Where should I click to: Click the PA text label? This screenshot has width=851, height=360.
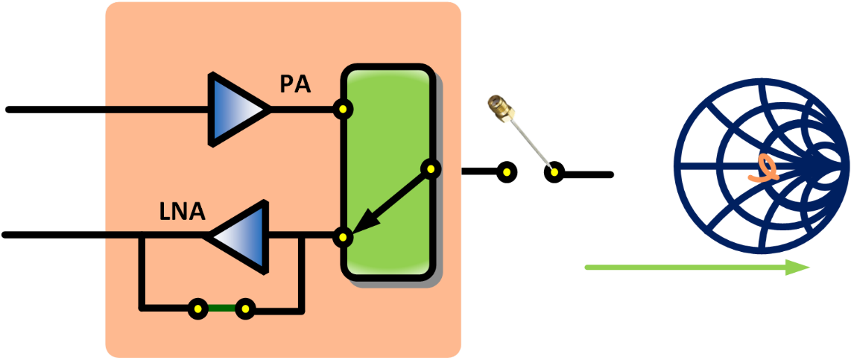click(295, 84)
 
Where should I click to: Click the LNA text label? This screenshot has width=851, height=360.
click(182, 212)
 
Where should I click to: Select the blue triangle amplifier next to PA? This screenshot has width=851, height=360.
click(237, 109)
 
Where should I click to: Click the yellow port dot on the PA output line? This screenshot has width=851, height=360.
click(343, 110)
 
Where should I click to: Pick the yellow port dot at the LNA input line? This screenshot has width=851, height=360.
click(343, 238)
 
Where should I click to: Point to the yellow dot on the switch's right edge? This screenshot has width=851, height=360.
click(430, 169)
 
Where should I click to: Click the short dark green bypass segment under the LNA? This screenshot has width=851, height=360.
click(221, 308)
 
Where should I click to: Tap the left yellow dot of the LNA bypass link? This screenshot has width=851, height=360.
click(197, 308)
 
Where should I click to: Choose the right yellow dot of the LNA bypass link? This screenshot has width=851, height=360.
click(245, 308)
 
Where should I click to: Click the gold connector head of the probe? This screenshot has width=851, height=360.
click(499, 108)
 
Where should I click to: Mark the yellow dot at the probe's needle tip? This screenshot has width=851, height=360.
click(554, 172)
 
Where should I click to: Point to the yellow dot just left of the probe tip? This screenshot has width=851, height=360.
click(507, 172)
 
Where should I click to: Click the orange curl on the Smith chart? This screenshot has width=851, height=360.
click(765, 169)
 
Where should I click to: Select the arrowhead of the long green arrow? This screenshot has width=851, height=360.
click(797, 267)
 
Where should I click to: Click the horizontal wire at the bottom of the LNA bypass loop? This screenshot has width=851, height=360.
click(168, 308)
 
